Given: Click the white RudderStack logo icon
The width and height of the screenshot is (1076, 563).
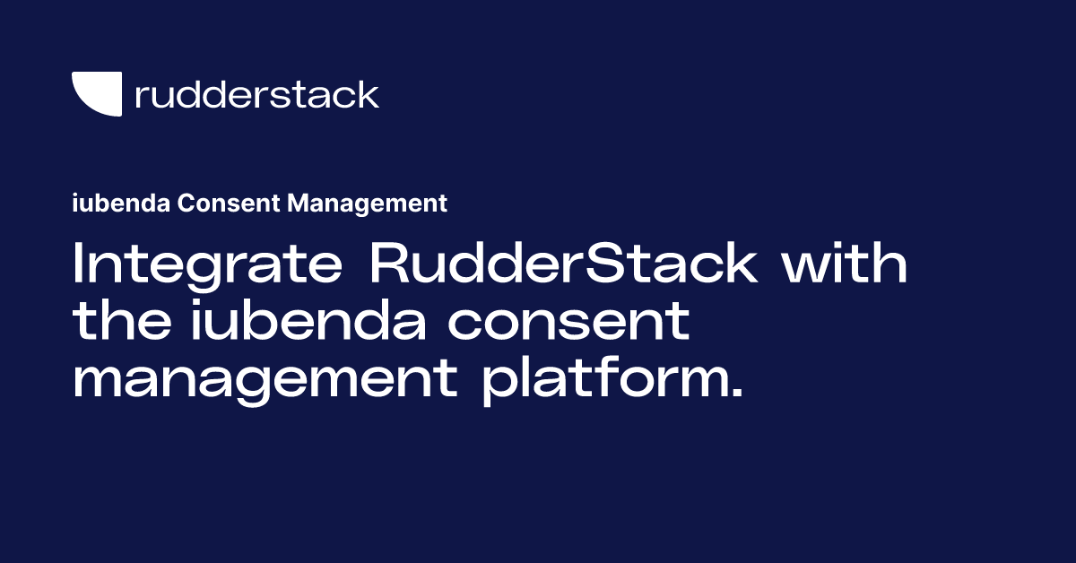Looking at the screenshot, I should pyautogui.click(x=96, y=93).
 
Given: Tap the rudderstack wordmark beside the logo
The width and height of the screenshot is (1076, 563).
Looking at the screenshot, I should pyautogui.click(x=256, y=94).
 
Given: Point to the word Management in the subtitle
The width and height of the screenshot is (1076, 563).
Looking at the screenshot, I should pyautogui.click(x=367, y=204).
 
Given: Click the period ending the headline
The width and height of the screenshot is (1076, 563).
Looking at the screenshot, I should pyautogui.click(x=737, y=394).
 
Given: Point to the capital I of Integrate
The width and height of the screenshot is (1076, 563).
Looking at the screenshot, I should pyautogui.click(x=78, y=266).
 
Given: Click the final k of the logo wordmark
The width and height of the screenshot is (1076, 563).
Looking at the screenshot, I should pyautogui.click(x=369, y=93).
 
